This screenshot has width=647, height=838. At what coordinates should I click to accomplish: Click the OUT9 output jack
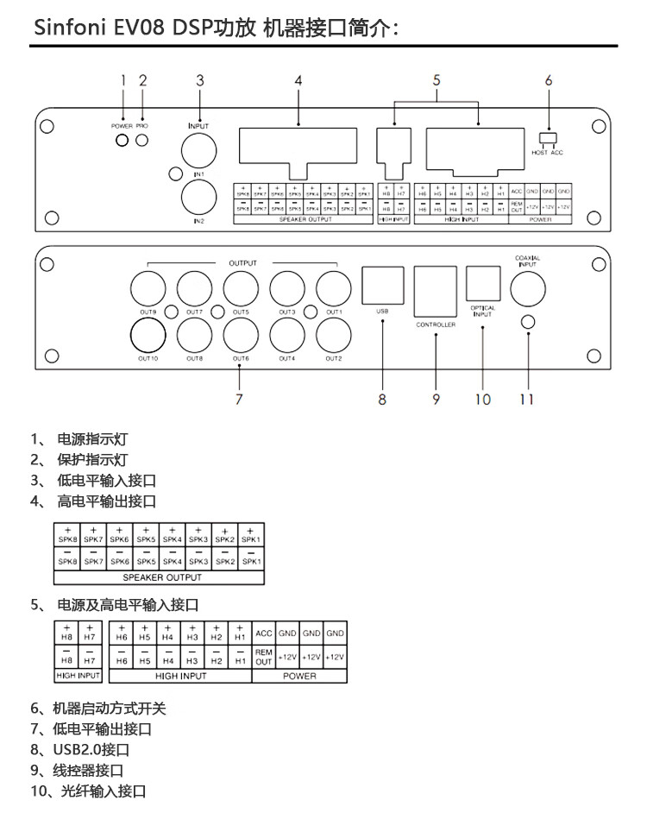point(148,288)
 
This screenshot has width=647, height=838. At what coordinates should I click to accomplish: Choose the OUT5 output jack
point(241,288)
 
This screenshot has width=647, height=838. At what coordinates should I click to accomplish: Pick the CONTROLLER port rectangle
point(435,292)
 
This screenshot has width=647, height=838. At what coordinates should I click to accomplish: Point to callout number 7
point(240,398)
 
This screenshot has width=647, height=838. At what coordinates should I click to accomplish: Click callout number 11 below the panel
point(527,398)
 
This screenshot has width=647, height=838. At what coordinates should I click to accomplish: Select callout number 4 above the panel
point(298,80)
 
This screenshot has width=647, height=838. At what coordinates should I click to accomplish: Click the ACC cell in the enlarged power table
point(264,633)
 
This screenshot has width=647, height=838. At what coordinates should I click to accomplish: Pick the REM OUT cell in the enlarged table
point(264,657)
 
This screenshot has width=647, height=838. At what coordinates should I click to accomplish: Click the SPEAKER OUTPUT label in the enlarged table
point(162,577)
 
